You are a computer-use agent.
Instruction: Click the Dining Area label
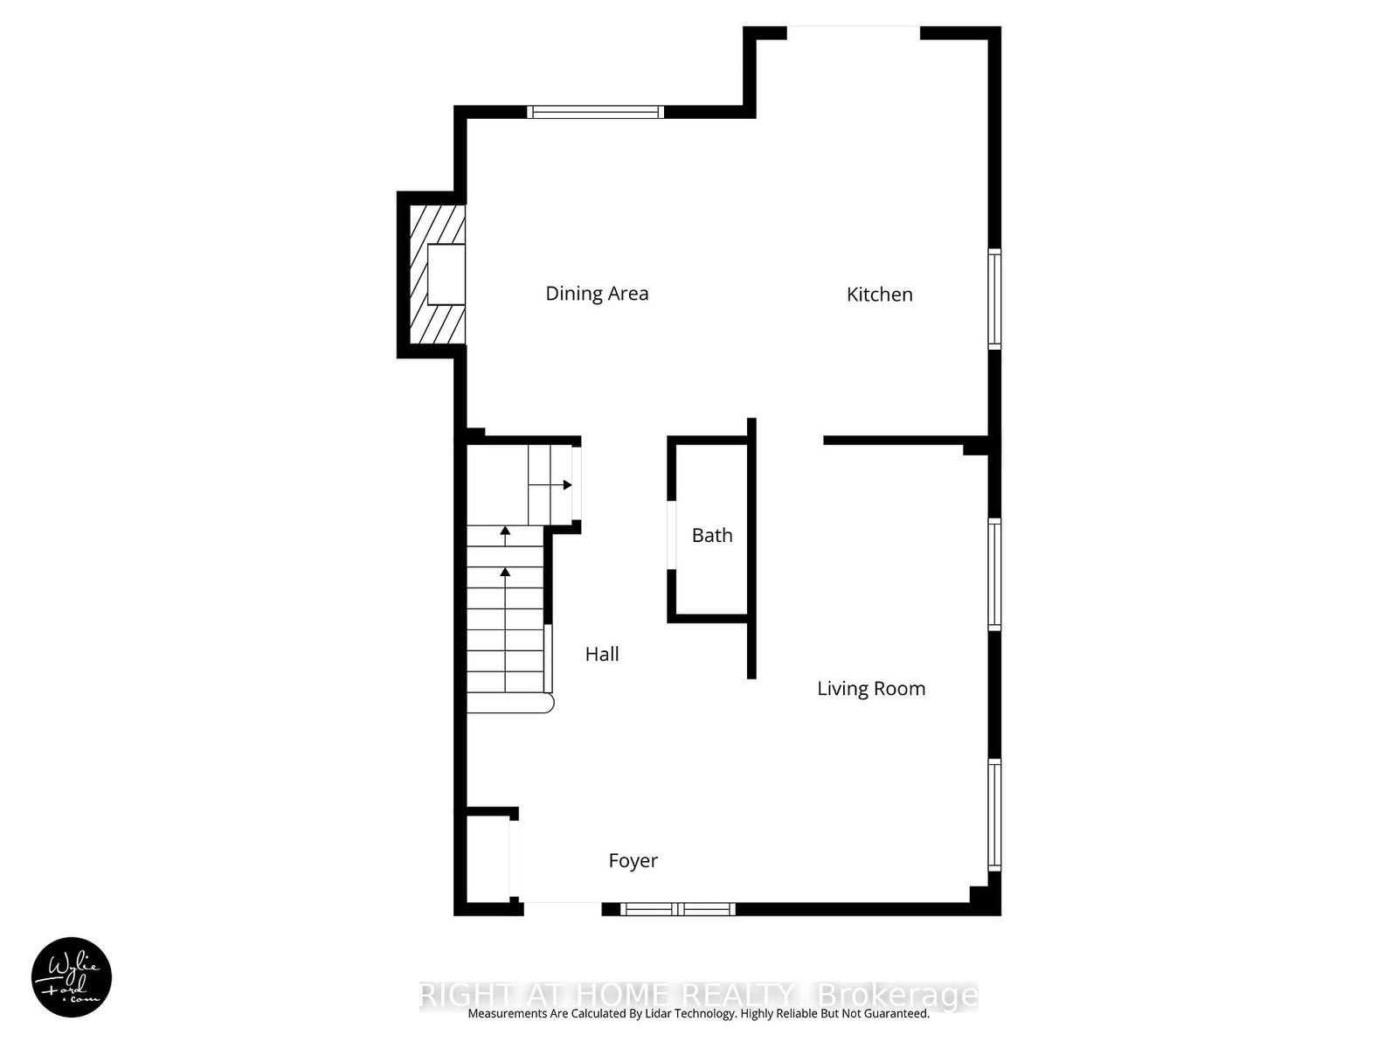tap(597, 294)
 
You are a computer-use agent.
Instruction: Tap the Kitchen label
tap(879, 295)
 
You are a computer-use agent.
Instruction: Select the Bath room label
tap(712, 535)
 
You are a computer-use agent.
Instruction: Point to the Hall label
tap(602, 654)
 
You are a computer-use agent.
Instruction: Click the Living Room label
tap(871, 689)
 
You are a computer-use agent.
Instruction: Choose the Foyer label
tap(633, 861)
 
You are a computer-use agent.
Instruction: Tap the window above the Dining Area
tap(596, 112)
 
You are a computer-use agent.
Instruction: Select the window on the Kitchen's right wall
tap(994, 299)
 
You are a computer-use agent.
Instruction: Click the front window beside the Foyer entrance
tap(678, 909)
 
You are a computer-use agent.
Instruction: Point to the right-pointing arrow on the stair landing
tap(567, 484)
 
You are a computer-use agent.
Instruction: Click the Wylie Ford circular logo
tap(72, 977)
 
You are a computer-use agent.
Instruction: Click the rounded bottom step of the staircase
tap(511, 704)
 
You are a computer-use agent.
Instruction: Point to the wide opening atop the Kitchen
tap(854, 33)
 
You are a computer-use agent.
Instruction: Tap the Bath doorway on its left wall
tap(671, 535)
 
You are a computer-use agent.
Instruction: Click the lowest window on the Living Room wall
tap(994, 814)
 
